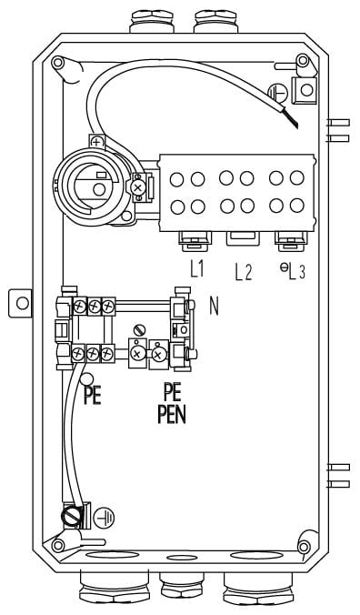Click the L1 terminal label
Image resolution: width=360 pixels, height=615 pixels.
coord(197,270)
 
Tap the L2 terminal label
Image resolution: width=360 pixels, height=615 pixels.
coord(244,272)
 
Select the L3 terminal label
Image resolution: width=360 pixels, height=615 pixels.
coord(296,272)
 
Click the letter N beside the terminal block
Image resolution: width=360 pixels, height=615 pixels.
coord(214,307)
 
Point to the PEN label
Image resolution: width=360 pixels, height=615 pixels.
coord(172,415)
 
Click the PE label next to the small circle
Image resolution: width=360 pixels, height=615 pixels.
coord(93,396)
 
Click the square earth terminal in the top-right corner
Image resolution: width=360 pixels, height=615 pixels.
coord(305,90)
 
